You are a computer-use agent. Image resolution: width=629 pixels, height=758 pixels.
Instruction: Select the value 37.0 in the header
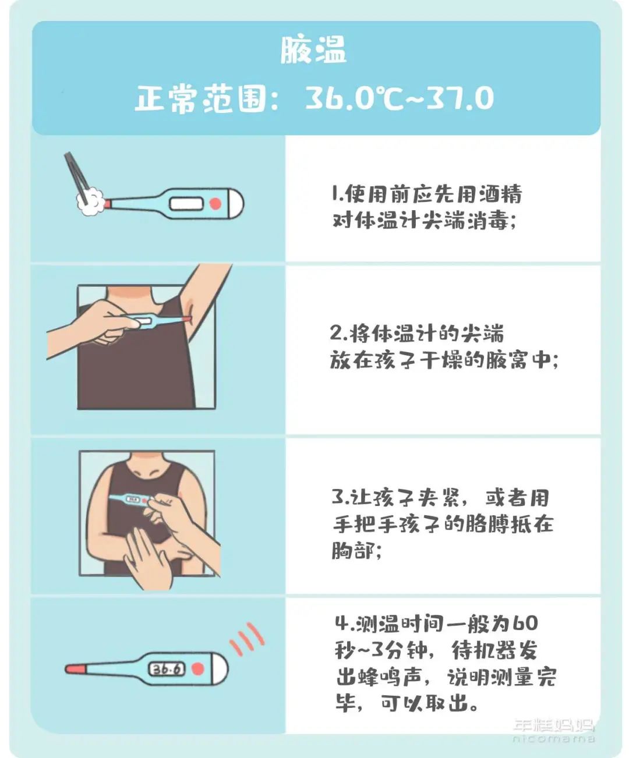[x=460, y=98]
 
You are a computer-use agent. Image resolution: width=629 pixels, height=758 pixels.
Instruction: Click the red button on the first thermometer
[x=215, y=204]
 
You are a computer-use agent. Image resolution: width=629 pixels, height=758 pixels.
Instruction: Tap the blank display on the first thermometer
[x=186, y=204]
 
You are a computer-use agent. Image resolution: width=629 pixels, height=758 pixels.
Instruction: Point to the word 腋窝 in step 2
[x=506, y=361]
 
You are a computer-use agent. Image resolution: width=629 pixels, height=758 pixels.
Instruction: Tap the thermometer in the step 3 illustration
[x=131, y=500]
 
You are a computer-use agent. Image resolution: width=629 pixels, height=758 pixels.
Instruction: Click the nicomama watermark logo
[x=553, y=731]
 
